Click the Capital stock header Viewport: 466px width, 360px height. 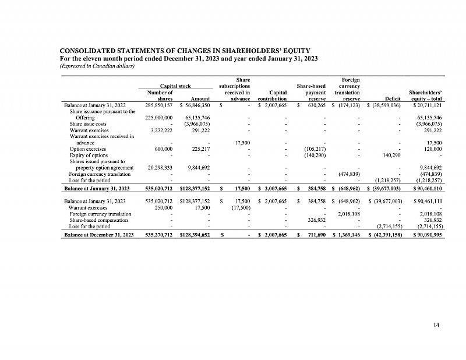(x=172, y=86)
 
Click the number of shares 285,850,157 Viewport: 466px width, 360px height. (x=158, y=105)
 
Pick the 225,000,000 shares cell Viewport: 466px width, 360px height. (x=158, y=118)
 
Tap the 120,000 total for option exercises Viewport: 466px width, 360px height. (x=433, y=149)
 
